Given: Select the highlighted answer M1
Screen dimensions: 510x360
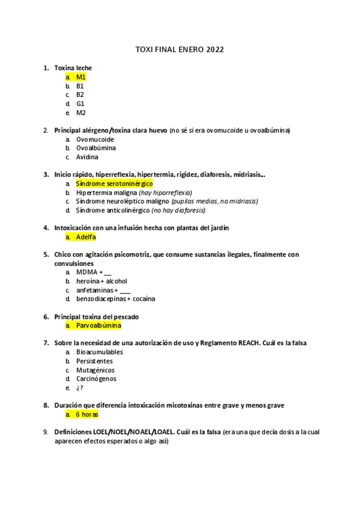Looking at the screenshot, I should pos(81,77).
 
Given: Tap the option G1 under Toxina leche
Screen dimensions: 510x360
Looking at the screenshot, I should pos(80,103).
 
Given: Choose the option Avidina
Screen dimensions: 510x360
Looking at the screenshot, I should pos(88,157).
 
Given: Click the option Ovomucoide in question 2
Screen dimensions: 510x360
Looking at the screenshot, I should pos(95,139).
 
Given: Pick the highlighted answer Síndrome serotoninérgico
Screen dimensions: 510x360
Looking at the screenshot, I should pos(114,183).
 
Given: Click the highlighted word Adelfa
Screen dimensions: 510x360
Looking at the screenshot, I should pos(86,237).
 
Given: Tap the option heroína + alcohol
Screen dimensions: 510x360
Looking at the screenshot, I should pos(102,281).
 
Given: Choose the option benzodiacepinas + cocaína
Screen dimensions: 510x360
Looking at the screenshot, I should pos(115,298).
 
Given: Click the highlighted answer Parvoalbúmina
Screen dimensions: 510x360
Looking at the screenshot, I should pos(99,325).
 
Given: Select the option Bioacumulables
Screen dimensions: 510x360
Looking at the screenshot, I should pos(99,352).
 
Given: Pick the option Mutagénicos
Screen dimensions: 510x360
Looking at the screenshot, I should pos(95,370).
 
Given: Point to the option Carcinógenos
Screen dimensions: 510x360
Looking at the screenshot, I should pos(96,379).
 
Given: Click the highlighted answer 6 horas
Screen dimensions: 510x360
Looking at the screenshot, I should pos(87,414).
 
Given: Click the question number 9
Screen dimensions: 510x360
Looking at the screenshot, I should pos(46,432).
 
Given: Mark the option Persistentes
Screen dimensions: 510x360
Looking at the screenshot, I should pos(94,361).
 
